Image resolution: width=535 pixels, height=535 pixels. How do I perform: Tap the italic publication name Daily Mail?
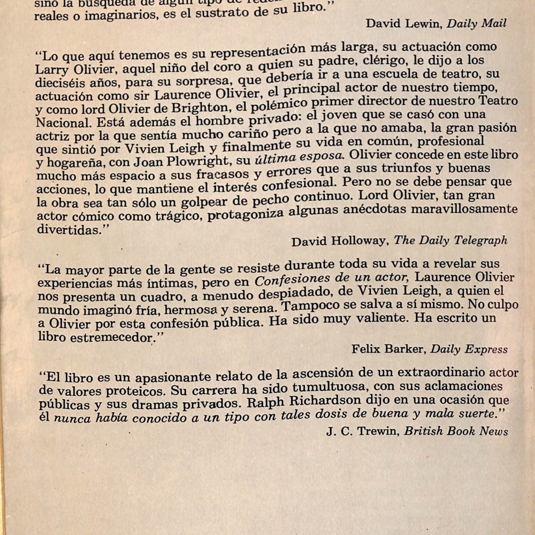pos(477,24)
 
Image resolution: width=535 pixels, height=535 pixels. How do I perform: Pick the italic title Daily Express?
pos(469,349)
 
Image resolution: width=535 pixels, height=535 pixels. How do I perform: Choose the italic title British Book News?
pos(456,431)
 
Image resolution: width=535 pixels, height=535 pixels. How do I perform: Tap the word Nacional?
pos(59,123)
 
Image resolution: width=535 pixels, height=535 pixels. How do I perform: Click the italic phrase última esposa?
pos(297,157)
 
